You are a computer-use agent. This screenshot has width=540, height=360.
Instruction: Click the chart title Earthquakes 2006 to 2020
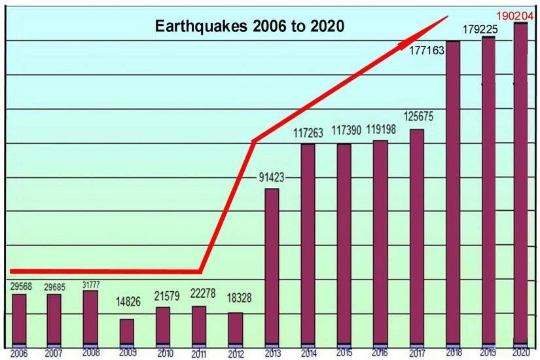249,27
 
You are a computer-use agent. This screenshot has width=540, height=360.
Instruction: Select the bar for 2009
127,331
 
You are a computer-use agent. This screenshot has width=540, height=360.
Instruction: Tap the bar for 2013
272,266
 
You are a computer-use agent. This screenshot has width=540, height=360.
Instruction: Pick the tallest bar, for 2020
520,183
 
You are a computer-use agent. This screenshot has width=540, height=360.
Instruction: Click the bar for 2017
416,236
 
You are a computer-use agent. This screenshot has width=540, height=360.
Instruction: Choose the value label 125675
418,117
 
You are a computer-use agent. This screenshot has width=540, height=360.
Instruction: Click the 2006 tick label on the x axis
18,353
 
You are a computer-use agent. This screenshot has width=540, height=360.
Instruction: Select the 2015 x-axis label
344,353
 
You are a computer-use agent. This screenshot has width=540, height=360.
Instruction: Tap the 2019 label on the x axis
488,353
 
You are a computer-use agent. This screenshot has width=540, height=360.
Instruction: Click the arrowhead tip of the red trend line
448,16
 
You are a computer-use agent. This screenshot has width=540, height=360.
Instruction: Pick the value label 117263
307,132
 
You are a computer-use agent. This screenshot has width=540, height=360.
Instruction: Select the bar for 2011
199,325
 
